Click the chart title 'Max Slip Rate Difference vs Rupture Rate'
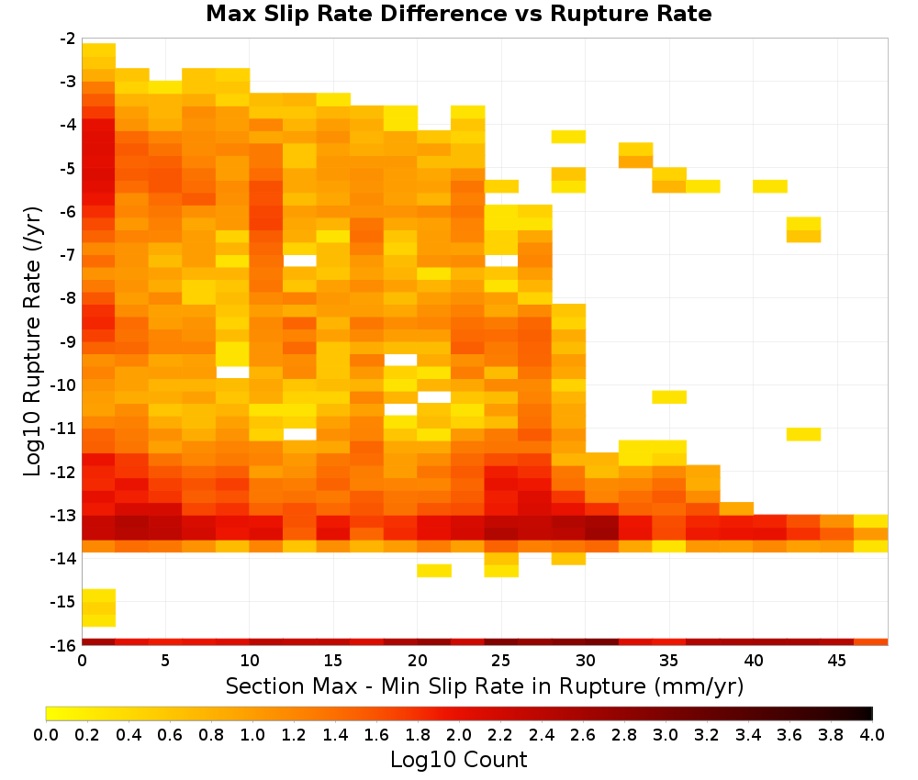[x=458, y=14]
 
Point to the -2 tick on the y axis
[x=68, y=39]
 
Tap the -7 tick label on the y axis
[x=68, y=254]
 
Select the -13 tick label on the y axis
[x=64, y=516]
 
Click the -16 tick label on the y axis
[x=64, y=645]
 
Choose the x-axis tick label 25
[x=500, y=661]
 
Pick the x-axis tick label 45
[x=836, y=661]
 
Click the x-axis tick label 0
[x=82, y=661]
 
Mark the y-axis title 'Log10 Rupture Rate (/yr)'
[x=32, y=341]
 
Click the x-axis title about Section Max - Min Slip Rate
[x=485, y=685]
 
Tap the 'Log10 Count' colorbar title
[x=458, y=760]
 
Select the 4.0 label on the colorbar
[x=872, y=734]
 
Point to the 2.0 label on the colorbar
[x=458, y=734]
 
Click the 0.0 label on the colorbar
[x=46, y=734]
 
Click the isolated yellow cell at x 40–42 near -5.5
[x=770, y=186]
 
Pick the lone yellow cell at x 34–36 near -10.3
[x=669, y=396]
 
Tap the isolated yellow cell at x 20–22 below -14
[x=434, y=571]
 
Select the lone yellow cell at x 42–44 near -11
[x=803, y=434]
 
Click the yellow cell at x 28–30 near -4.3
[x=568, y=137]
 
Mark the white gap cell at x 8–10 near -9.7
[x=232, y=373]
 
